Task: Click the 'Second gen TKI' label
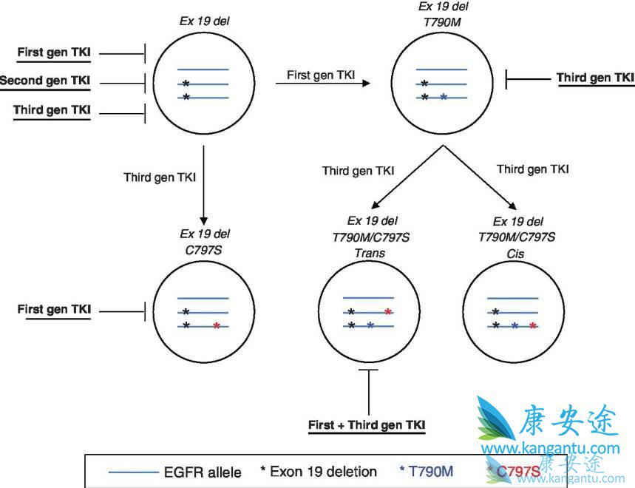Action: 46,81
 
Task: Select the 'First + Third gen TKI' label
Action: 367,425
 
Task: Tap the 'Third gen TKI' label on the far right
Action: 595,77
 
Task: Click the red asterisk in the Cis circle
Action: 533,325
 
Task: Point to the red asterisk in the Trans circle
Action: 387,311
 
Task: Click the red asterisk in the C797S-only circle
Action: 215,325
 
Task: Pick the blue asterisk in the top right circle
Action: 442,98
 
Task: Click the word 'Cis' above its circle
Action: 517,252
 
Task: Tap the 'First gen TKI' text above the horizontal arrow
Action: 320,74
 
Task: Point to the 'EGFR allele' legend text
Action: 203,471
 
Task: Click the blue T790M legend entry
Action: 426,471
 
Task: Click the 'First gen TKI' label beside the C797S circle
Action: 54,310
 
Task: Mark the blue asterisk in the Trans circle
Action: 370,325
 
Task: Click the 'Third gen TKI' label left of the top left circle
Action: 52,110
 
